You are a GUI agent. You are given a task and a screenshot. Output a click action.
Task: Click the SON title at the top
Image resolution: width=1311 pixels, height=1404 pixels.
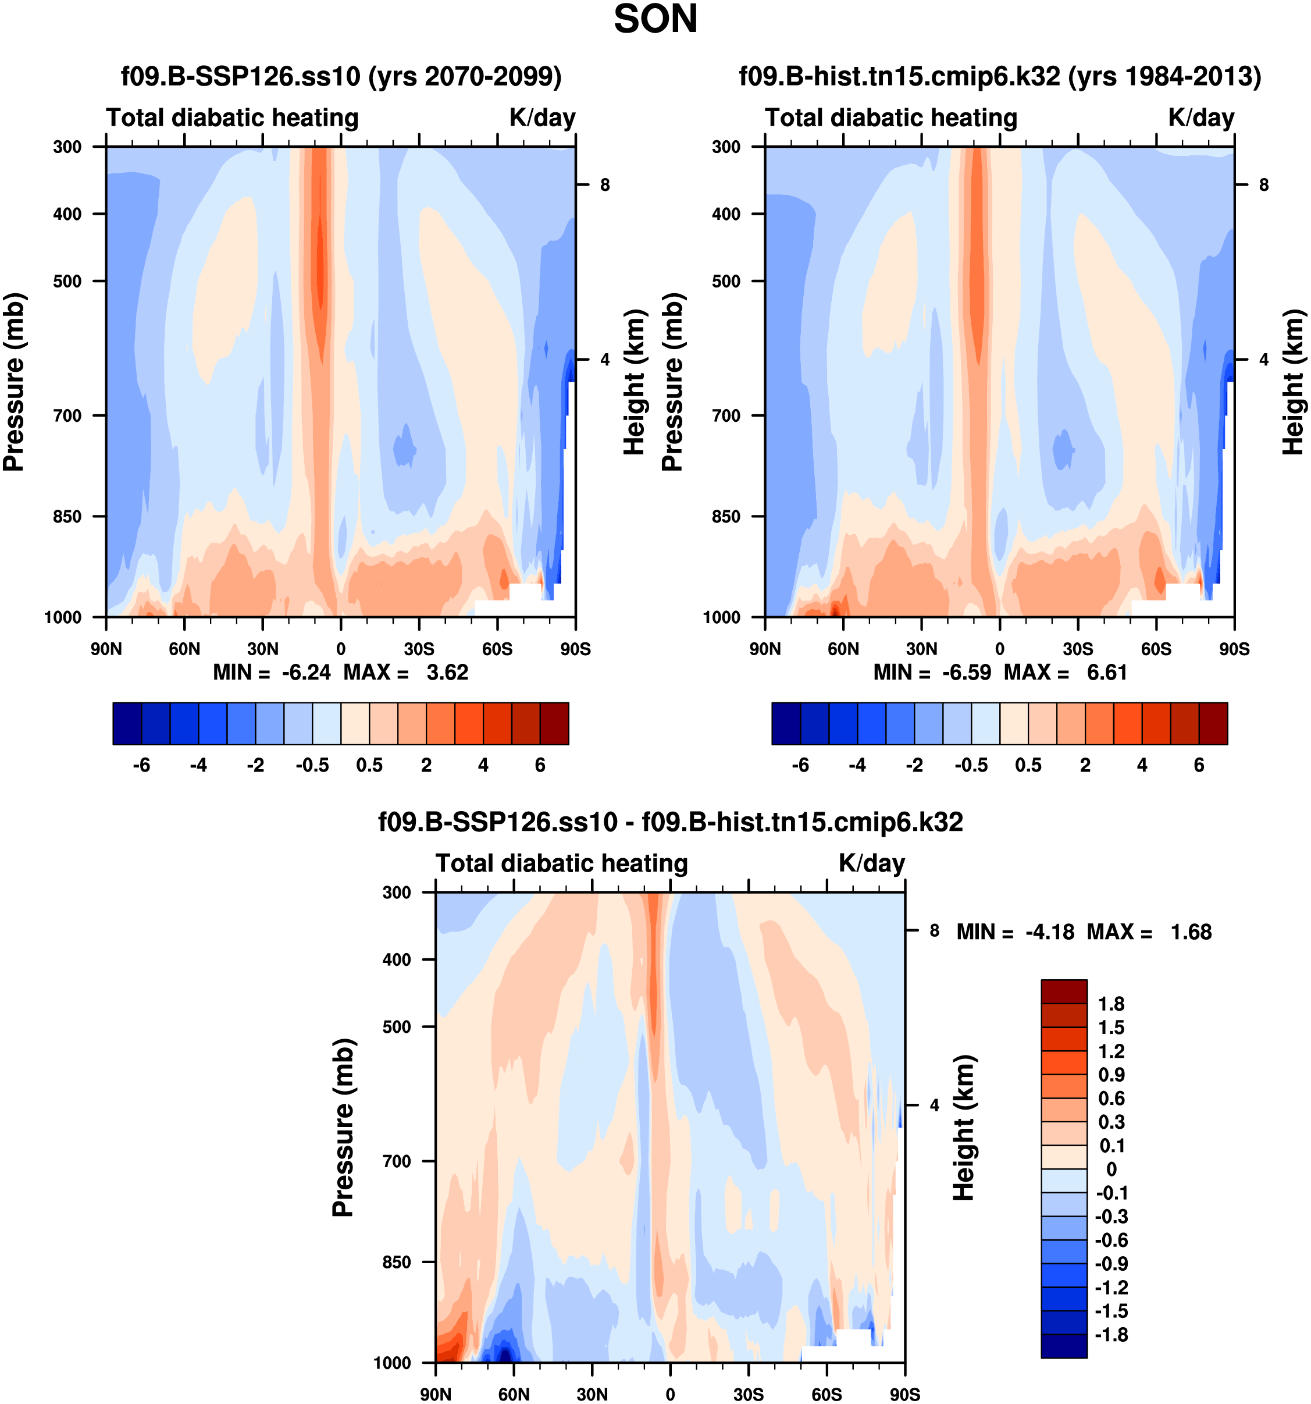[x=655, y=19]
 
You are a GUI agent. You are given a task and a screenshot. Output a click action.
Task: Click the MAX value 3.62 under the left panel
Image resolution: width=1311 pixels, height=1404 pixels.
[x=447, y=673]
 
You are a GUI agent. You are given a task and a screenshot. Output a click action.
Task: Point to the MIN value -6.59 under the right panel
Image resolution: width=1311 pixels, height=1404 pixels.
[x=967, y=673]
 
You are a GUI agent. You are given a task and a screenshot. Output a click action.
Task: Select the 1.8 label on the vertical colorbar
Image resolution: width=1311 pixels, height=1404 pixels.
[x=1111, y=1004]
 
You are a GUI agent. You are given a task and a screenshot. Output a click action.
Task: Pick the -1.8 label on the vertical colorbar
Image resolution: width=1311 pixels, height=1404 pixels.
[x=1110, y=1335]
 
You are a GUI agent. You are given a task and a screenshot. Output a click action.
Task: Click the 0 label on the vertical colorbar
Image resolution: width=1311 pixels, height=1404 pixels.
[x=1111, y=1170]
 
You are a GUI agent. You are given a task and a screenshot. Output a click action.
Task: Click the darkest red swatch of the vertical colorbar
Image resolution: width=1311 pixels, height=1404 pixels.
[x=1064, y=991]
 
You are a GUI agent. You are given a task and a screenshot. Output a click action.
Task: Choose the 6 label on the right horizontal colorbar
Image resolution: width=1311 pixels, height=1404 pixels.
[x=1199, y=766]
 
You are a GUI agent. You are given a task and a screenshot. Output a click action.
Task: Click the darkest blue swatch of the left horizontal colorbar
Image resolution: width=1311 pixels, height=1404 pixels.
[x=127, y=723]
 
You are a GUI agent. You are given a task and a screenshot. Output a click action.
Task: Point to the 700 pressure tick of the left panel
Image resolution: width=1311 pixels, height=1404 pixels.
[x=68, y=416]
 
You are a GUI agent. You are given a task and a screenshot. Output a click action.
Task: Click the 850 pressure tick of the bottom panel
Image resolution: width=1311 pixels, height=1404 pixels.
[x=397, y=1262]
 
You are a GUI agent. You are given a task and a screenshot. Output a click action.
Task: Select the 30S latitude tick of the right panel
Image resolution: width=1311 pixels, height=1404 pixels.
[x=1078, y=649]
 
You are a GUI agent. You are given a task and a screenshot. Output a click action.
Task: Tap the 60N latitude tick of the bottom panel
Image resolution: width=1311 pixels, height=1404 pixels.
[x=514, y=1395]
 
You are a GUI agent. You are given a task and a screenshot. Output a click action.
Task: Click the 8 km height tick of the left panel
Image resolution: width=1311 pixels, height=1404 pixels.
[x=605, y=185]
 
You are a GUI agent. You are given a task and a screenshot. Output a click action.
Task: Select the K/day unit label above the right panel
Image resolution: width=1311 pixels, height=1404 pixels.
[x=1201, y=117]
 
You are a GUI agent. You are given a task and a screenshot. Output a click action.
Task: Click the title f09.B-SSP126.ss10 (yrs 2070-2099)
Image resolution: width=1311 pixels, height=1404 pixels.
[x=341, y=76]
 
